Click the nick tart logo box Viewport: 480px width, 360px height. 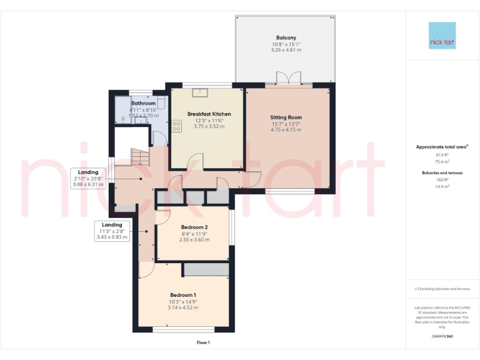pyautogui.click(x=442, y=36)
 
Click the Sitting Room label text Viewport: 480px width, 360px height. pyautogui.click(x=286, y=117)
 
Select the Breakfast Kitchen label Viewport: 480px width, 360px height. pyautogui.click(x=209, y=114)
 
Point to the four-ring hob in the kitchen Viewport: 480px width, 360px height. pyautogui.click(x=176, y=126)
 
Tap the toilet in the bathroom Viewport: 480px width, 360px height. pyautogui.click(x=161, y=104)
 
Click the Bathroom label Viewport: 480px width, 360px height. pyautogui.click(x=143, y=103)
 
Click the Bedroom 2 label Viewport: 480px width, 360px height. pyautogui.click(x=194, y=227)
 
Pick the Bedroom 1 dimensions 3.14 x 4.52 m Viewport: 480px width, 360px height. pyautogui.click(x=184, y=307)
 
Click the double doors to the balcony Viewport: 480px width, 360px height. pyautogui.click(x=287, y=80)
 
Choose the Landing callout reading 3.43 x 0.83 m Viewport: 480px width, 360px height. pyautogui.click(x=112, y=236)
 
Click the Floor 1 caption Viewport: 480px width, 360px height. pyautogui.click(x=203, y=342)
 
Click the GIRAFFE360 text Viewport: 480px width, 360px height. pyautogui.click(x=442, y=337)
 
